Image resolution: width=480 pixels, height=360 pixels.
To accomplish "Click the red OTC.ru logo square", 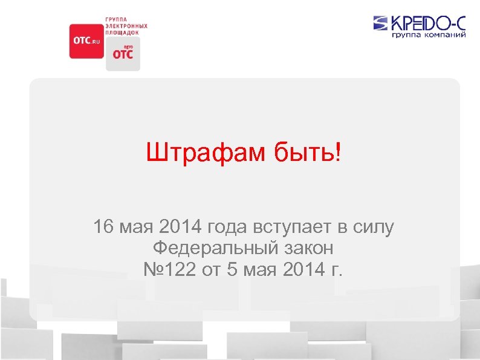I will click(x=86, y=41).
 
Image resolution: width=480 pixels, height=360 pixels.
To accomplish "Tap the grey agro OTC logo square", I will click(x=123, y=54).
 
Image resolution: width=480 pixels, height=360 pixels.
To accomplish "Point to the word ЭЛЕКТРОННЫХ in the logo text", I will click(x=126, y=26).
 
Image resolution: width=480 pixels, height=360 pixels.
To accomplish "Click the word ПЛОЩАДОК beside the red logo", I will click(x=122, y=32).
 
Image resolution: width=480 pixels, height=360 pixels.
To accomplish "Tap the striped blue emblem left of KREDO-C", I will click(x=381, y=24).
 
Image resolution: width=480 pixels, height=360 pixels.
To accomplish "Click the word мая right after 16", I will click(x=137, y=228).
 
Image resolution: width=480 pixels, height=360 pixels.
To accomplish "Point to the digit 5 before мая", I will click(x=232, y=267).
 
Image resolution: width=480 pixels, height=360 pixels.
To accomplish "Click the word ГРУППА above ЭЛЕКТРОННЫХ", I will click(x=117, y=20).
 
